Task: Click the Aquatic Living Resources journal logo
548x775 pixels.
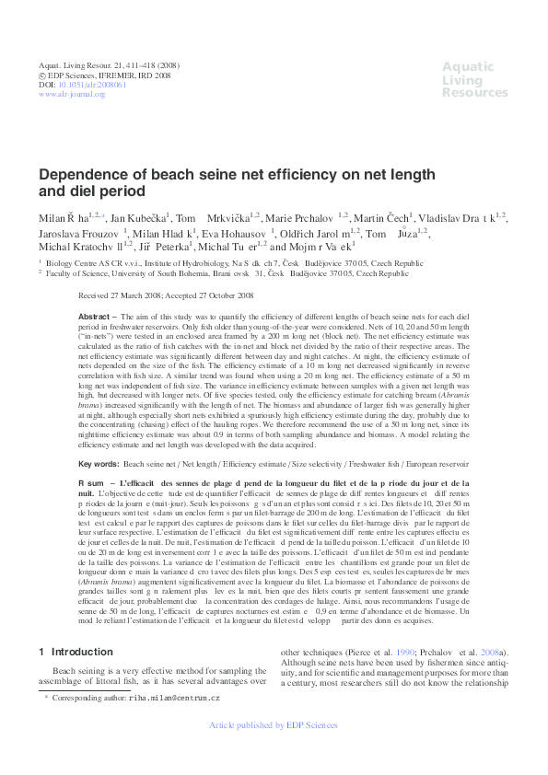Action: pos(473,79)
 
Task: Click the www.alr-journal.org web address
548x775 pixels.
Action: pos(72,94)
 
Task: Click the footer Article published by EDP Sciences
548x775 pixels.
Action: pos(274,751)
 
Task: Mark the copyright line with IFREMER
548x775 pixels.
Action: pos(104,75)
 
